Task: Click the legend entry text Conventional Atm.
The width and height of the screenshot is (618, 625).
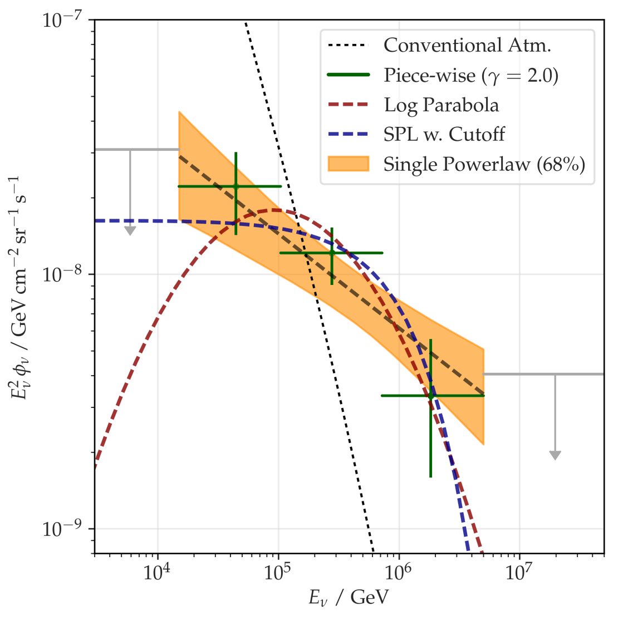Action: (467, 45)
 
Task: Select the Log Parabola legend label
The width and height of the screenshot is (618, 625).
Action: (441, 105)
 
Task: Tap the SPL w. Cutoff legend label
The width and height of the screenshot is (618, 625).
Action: (444, 134)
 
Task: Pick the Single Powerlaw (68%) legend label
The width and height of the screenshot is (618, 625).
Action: (484, 164)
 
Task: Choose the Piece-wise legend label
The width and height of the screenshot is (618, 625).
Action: (470, 75)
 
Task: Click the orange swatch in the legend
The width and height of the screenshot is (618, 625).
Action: (348, 164)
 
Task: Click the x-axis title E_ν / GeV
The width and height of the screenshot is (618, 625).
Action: (349, 598)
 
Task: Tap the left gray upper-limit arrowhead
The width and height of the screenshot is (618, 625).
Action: (130, 230)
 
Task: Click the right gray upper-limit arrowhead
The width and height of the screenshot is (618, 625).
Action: (555, 455)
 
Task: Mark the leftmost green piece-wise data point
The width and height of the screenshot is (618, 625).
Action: (236, 186)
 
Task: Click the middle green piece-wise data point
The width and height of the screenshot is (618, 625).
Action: (332, 253)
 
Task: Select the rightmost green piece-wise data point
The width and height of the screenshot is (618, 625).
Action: (430, 396)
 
